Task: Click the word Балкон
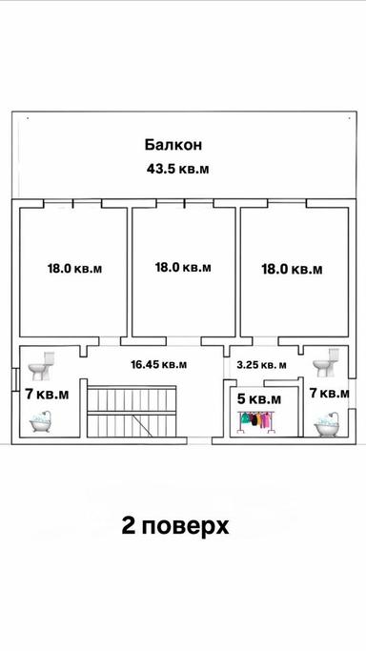(x=173, y=145)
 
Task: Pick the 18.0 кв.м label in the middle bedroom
(x=183, y=268)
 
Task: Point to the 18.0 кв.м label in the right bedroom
(x=292, y=270)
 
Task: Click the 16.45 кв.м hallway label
(x=158, y=363)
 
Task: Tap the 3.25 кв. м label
(x=261, y=364)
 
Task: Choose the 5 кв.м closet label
(x=258, y=398)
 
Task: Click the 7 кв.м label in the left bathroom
(x=47, y=394)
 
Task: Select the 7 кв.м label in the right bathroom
(x=328, y=393)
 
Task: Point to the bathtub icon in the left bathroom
(x=41, y=422)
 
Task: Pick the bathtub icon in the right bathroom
(x=329, y=423)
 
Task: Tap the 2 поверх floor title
(x=175, y=526)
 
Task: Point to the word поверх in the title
(x=189, y=527)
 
